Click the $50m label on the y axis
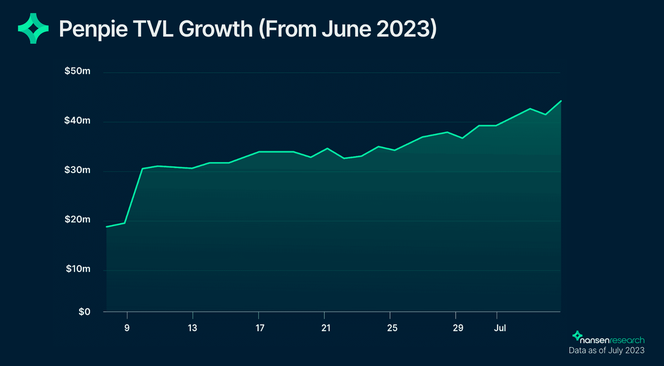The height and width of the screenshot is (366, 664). point(77,71)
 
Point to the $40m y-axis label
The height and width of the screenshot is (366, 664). point(77,120)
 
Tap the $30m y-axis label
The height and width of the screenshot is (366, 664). point(77,170)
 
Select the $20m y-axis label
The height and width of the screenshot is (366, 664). point(77,219)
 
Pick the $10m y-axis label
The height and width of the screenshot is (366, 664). point(78,269)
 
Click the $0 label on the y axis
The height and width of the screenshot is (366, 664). point(84,312)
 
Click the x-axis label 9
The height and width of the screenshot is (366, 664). point(127,328)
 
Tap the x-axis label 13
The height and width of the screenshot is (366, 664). point(192,328)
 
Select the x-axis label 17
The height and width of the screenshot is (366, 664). point(260,328)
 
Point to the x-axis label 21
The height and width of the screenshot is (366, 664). point(326,328)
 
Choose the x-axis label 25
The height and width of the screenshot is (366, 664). point(392,328)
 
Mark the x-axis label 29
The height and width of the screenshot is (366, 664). point(458,328)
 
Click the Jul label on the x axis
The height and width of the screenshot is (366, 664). point(500,328)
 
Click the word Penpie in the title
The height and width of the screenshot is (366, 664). point(93,29)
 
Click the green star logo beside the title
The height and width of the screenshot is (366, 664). point(33,28)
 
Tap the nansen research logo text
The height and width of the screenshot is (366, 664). point(612,340)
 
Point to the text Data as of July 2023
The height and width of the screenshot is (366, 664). point(606,350)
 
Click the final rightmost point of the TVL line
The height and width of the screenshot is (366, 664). point(561,101)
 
